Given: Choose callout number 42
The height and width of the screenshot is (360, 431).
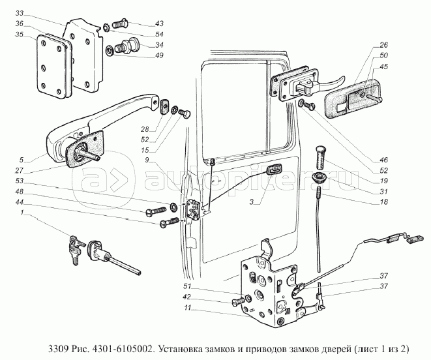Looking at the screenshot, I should tap(186, 297).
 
